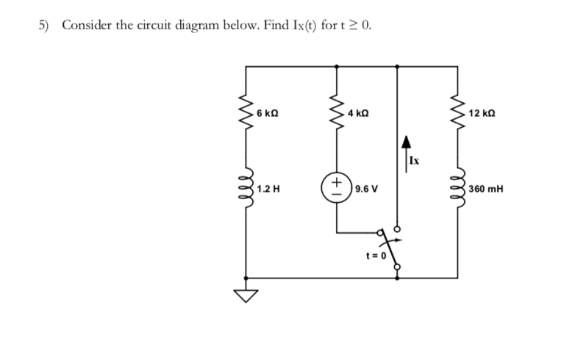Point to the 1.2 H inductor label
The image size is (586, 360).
268,188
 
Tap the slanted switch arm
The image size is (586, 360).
390,248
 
